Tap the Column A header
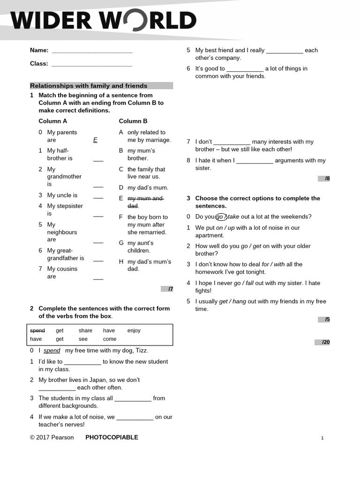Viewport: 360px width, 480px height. point(53,121)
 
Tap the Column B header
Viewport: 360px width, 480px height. point(133,121)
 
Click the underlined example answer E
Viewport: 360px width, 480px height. point(95,140)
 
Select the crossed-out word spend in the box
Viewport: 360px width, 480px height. point(37,330)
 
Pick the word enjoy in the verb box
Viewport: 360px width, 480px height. point(134,330)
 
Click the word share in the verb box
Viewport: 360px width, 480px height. point(85,330)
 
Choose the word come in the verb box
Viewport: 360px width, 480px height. point(110,339)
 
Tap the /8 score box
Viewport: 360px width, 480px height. point(324,179)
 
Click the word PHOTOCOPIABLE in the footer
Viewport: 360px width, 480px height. point(112,437)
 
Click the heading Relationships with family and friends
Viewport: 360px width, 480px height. point(89,86)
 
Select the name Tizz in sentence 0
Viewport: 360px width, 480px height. point(142,351)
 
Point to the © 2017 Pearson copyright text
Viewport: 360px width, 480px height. point(52,437)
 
